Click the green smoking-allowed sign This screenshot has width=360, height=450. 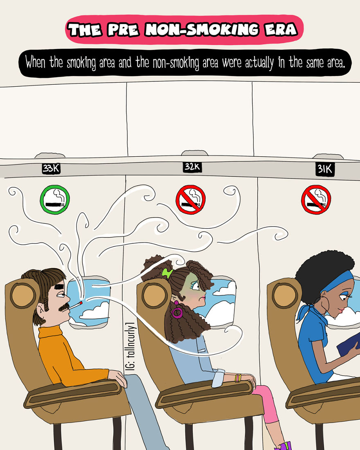click(x=55, y=200)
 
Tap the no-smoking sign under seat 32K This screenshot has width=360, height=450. click(x=190, y=200)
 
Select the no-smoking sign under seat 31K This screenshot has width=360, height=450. click(x=316, y=200)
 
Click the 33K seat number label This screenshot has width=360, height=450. click(x=51, y=169)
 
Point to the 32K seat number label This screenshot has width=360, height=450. click(x=192, y=167)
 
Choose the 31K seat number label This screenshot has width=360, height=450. click(x=325, y=170)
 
